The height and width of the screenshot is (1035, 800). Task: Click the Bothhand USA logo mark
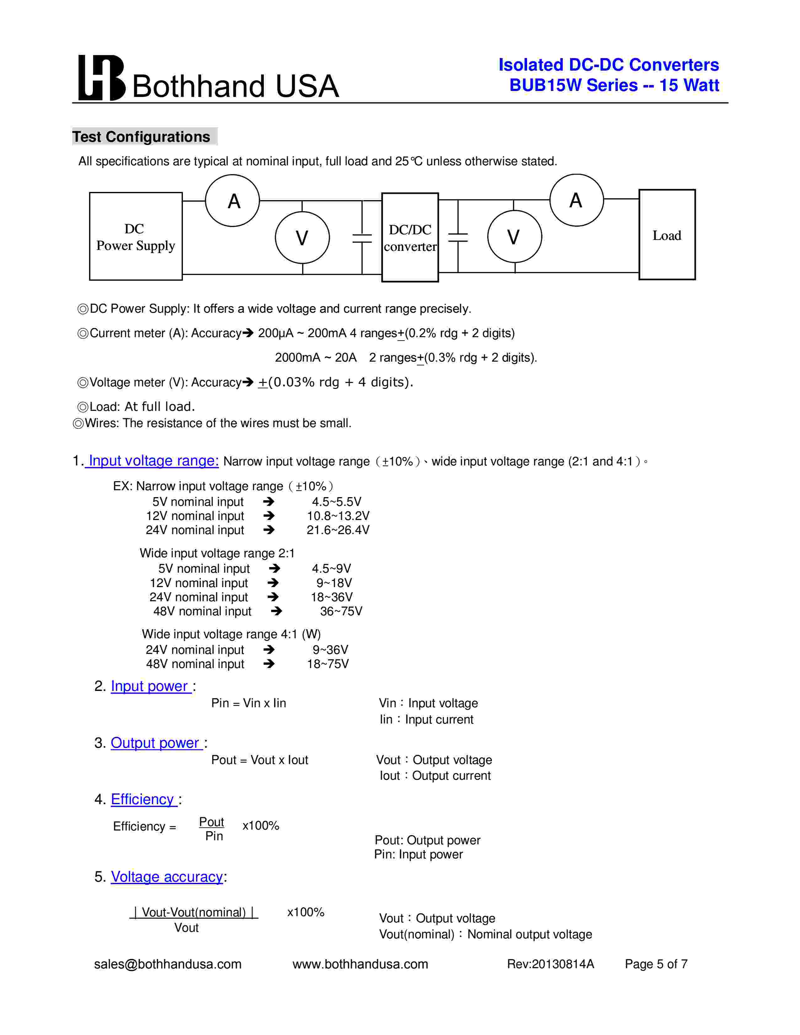101,78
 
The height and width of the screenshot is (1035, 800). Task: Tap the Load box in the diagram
667,235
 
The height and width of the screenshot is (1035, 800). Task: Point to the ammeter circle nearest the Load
576,200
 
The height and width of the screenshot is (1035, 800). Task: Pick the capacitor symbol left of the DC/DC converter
362,238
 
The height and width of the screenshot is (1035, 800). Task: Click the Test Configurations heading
141,137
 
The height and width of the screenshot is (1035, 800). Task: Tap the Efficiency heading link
143,799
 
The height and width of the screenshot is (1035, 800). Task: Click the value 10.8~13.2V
338,516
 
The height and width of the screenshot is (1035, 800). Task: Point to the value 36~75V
341,611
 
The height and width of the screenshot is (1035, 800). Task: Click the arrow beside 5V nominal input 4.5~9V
275,569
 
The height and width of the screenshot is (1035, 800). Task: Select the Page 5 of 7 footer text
656,964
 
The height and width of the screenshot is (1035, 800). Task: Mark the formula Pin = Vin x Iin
249,703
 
